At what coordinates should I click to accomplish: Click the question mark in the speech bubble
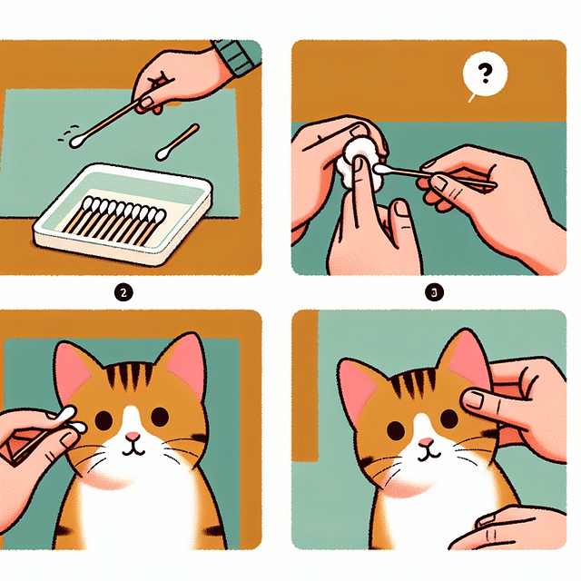(483, 74)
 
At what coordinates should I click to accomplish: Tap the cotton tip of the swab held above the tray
(77, 140)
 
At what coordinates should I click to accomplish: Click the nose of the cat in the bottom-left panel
(133, 438)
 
